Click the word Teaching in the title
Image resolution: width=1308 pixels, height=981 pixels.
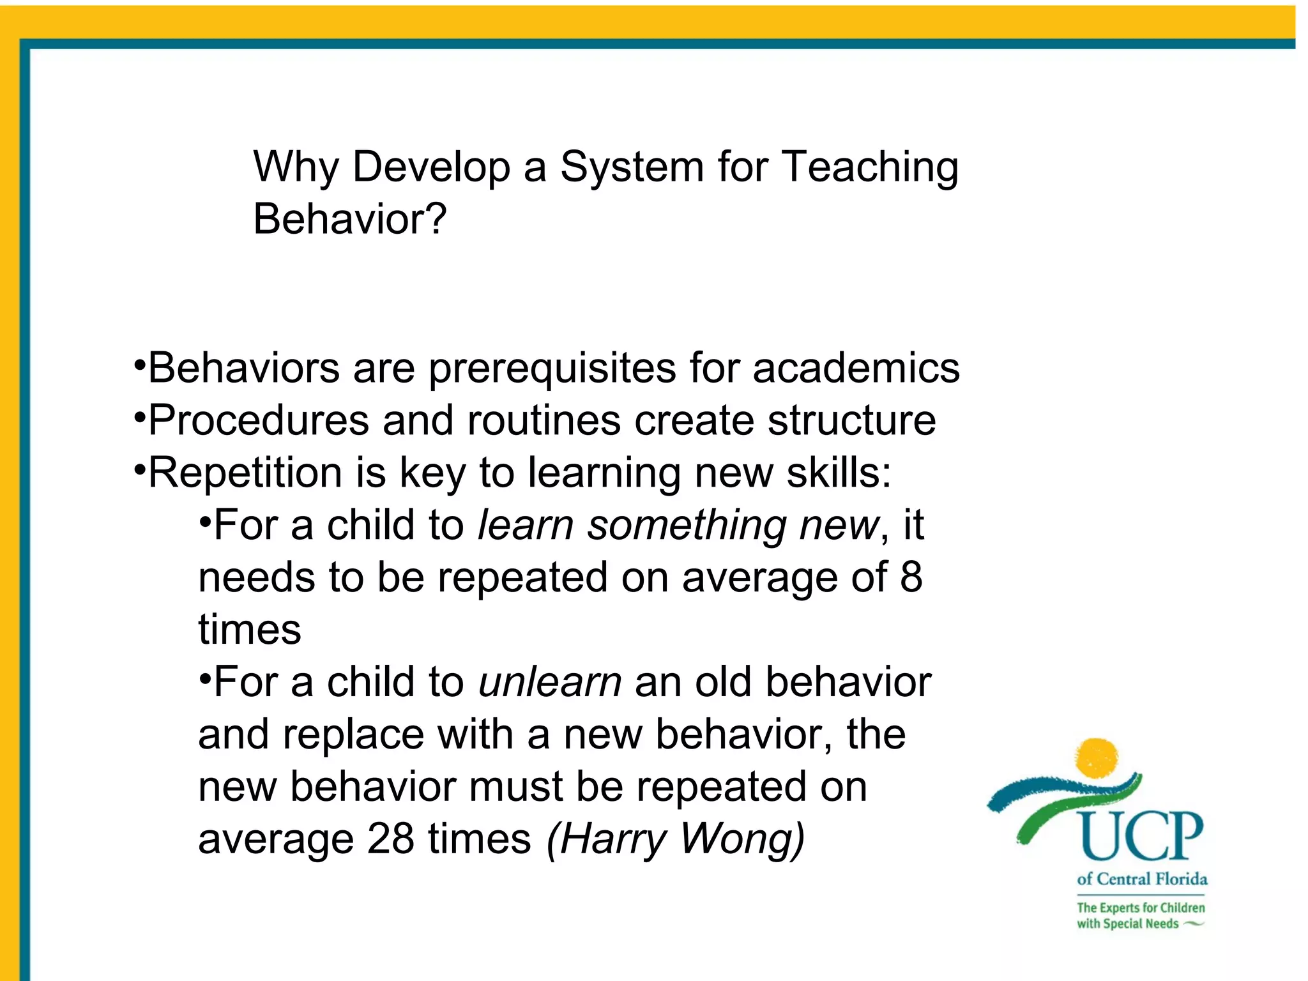tap(870, 167)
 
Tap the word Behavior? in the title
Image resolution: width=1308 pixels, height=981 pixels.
tap(349, 219)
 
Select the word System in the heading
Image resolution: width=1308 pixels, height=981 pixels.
tap(632, 167)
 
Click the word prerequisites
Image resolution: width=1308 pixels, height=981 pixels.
tap(552, 369)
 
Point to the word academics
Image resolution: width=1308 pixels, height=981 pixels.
tap(856, 369)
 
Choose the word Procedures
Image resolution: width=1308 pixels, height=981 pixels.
tap(259, 421)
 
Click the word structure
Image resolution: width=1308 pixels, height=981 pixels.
tap(851, 421)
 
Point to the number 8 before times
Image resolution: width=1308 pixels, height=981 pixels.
tap(911, 577)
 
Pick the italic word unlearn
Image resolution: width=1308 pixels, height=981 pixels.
tap(550, 682)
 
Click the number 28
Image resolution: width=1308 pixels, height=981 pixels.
tap(390, 839)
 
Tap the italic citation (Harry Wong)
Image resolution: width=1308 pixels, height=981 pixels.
tap(676, 839)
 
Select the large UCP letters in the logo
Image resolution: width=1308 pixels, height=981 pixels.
tap(1140, 836)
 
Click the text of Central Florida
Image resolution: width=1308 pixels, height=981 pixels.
tap(1142, 879)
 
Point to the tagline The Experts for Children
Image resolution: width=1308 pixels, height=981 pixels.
tap(1141, 908)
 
